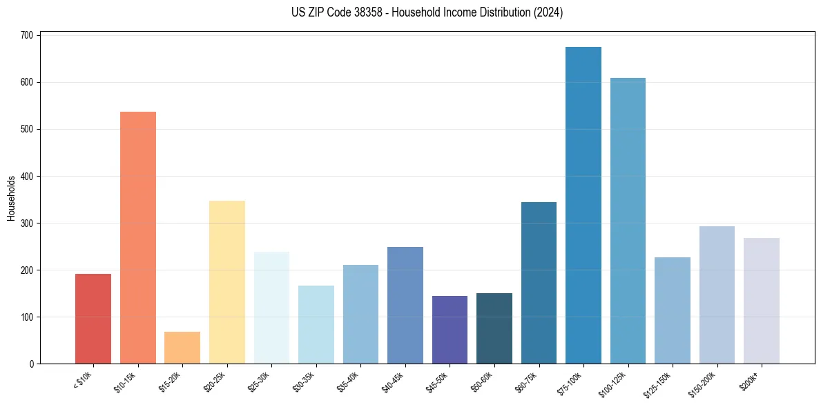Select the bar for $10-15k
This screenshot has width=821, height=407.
(x=138, y=238)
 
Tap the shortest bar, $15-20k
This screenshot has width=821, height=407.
(x=182, y=348)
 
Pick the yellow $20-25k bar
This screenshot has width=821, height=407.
(x=227, y=282)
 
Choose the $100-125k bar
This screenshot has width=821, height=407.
(x=628, y=221)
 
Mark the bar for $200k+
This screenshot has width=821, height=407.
(x=762, y=301)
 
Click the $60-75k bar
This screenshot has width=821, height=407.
(x=539, y=283)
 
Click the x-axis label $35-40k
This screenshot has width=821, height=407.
(x=348, y=381)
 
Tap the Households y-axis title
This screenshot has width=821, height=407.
(x=11, y=198)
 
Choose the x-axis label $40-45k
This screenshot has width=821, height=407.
(x=392, y=381)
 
